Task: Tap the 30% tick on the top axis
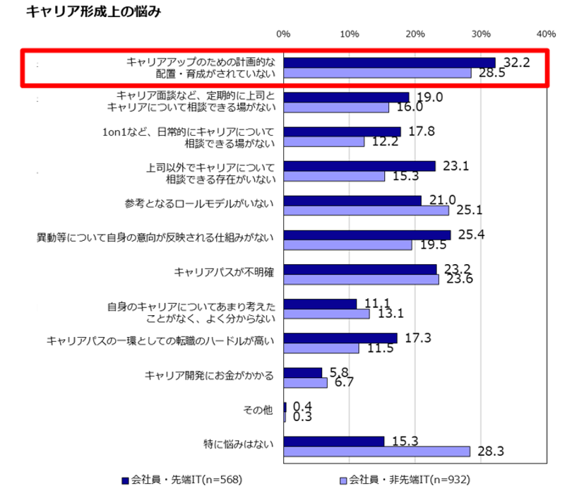pyautogui.click(x=481, y=33)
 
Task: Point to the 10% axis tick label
pyautogui.click(x=349, y=33)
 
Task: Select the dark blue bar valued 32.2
pyautogui.click(x=389, y=62)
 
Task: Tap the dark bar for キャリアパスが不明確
pyautogui.click(x=360, y=269)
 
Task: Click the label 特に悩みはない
pyautogui.click(x=240, y=446)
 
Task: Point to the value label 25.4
pyautogui.click(x=471, y=235)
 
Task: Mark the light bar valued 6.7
pyautogui.click(x=305, y=383)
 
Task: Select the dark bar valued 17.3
pyautogui.click(x=340, y=338)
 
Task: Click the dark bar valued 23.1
pyautogui.click(x=359, y=166)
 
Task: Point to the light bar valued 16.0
pyautogui.click(x=336, y=107)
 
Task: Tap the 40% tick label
pyautogui.click(x=546, y=33)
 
